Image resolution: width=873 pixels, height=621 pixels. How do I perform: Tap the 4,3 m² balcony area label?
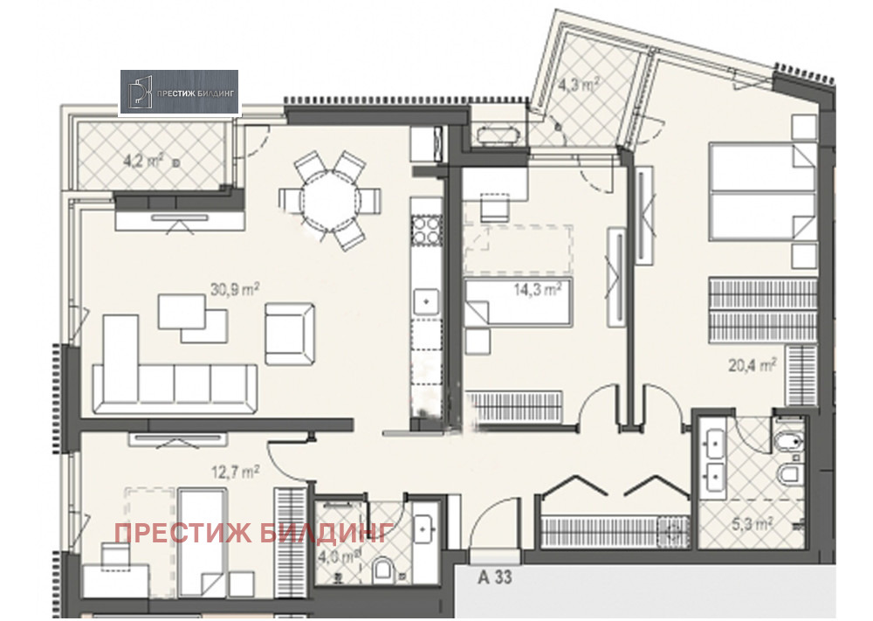(579, 86)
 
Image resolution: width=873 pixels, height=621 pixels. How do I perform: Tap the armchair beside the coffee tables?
(288, 333)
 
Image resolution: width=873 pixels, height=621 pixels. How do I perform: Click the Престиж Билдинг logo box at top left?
(179, 93)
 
